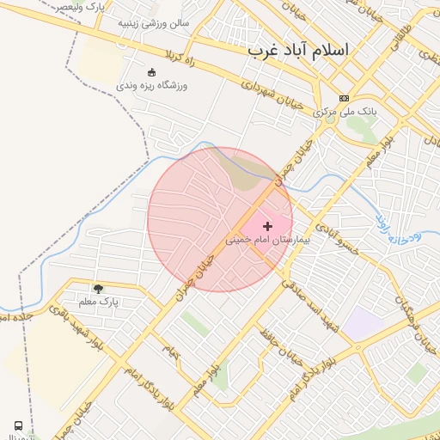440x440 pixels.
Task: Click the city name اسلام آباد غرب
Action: click(298, 49)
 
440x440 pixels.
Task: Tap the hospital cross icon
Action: click(268, 225)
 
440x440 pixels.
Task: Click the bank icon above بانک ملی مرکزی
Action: click(345, 99)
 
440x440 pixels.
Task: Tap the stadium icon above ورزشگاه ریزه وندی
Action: click(153, 72)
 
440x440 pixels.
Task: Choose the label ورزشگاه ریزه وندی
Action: click(151, 86)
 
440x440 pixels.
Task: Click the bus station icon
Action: click(18, 425)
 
